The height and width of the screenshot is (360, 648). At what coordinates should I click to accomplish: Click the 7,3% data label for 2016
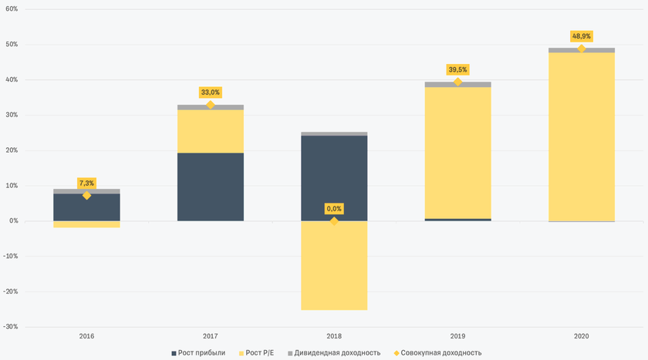[x=86, y=183]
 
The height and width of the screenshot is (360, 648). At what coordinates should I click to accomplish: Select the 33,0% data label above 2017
[x=210, y=93]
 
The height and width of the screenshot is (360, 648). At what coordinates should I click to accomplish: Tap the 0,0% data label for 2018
[x=334, y=209]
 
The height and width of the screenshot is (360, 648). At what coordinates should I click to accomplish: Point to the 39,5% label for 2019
[x=457, y=69]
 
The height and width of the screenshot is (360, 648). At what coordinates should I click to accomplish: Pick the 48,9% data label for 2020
[x=581, y=36]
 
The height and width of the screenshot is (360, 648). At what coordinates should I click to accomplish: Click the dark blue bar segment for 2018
[x=334, y=178]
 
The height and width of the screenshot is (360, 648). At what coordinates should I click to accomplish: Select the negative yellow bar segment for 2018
[x=334, y=265]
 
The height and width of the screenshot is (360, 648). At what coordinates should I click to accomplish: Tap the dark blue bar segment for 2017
[x=211, y=187]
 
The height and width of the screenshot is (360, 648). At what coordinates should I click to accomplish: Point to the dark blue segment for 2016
[x=86, y=207]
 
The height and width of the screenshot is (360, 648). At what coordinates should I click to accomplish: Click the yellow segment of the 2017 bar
[x=211, y=131]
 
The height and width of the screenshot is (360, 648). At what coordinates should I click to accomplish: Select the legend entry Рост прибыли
[x=199, y=352]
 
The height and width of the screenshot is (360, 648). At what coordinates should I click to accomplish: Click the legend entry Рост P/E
[x=265, y=352]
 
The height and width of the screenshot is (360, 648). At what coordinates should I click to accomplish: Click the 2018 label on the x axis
[x=334, y=336]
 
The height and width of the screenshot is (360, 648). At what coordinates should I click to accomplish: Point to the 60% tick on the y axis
[x=12, y=9]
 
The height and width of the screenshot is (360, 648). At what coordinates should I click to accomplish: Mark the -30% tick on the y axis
[x=11, y=327]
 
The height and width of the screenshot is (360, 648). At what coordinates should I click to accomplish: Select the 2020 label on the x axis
[x=581, y=336]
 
